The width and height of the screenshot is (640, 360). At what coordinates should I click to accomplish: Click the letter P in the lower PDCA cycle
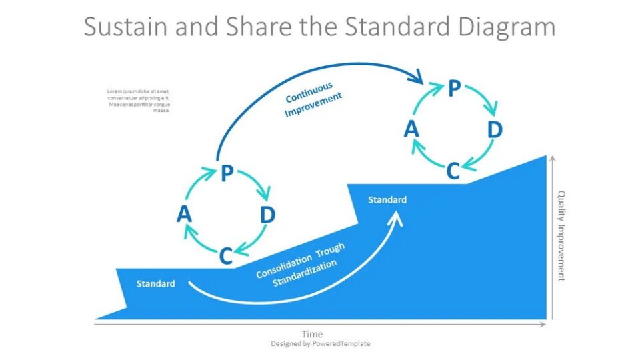(x=227, y=175)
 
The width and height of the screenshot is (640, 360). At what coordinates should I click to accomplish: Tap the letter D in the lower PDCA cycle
(x=267, y=215)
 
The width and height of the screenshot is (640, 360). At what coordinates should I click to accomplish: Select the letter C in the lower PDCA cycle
(x=226, y=255)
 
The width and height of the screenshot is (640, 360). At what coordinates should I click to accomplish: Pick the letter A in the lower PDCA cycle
(x=185, y=215)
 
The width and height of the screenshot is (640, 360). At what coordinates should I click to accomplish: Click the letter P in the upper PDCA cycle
(x=454, y=89)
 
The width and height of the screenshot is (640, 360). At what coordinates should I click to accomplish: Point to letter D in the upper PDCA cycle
(x=494, y=129)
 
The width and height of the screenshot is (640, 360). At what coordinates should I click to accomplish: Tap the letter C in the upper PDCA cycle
(x=453, y=171)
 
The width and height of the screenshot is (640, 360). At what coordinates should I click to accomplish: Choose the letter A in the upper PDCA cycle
(x=411, y=129)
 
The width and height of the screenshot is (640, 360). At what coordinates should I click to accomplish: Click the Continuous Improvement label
(x=313, y=100)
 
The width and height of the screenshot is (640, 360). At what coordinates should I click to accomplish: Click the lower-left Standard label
(x=156, y=284)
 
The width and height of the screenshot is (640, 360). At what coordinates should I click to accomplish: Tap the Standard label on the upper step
(x=387, y=200)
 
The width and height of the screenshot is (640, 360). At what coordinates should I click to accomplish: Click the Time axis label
(x=312, y=334)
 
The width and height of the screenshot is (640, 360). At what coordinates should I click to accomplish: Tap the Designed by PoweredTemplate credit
(x=320, y=344)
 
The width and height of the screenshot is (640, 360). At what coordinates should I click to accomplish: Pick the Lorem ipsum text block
(x=139, y=101)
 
